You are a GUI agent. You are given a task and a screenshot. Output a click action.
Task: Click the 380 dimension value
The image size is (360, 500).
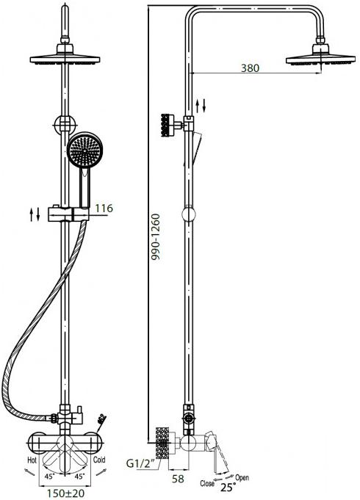(250, 68)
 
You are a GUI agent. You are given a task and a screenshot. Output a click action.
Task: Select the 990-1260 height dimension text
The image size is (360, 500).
(156, 237)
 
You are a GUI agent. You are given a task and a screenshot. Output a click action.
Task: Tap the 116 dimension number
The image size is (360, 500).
(104, 209)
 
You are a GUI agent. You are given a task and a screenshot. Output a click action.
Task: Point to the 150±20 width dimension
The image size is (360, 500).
(65, 493)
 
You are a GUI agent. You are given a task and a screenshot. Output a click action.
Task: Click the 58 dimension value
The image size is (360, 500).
(178, 478)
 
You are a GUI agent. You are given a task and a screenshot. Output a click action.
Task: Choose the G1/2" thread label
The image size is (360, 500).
(141, 463)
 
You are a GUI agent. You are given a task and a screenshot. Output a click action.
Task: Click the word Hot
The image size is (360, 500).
(32, 460)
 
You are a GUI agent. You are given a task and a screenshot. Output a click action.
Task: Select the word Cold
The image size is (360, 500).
(99, 460)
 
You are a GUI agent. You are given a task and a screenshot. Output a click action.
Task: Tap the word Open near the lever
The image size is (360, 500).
(242, 478)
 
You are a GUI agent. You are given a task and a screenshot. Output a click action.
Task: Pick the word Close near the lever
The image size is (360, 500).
(207, 483)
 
